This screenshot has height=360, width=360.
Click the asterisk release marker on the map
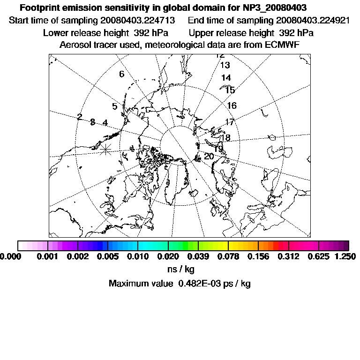click(x=106, y=149)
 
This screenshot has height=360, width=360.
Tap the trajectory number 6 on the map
click(x=121, y=74)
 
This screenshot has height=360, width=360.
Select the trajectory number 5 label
click(x=114, y=106)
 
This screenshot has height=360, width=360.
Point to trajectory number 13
click(x=225, y=66)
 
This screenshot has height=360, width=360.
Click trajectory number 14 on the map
click(x=226, y=78)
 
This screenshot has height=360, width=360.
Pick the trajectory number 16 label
click(x=232, y=106)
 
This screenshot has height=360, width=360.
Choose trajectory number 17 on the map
click(x=229, y=122)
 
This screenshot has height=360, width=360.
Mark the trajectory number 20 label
click(x=209, y=156)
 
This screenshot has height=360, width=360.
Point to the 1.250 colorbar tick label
click(x=345, y=256)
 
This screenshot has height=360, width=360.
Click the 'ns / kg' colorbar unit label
click(x=180, y=270)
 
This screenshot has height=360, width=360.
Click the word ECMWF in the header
click(x=282, y=45)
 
